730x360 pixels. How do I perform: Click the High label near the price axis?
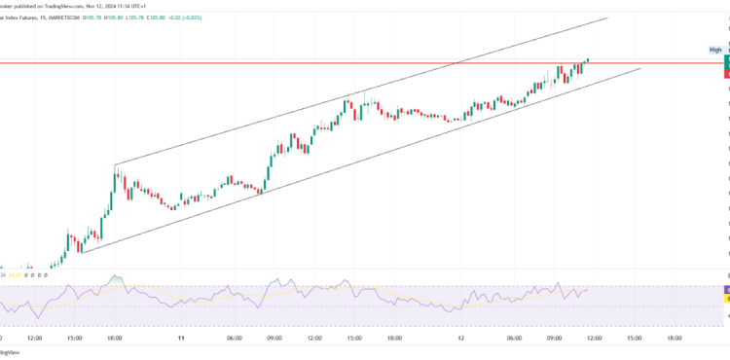click(x=715, y=50)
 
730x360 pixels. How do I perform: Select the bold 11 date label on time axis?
click(x=181, y=338)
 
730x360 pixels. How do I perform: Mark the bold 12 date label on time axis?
click(x=460, y=338)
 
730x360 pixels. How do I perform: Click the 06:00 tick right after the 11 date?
click(x=234, y=338)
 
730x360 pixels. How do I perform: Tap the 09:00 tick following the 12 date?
click(x=553, y=338)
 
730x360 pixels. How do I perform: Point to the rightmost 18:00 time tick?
click(x=673, y=338)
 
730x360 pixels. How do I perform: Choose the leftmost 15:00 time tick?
click(x=75, y=338)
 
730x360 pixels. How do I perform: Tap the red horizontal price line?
click(x=292, y=63)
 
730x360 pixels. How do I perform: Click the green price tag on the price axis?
click(x=727, y=60)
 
